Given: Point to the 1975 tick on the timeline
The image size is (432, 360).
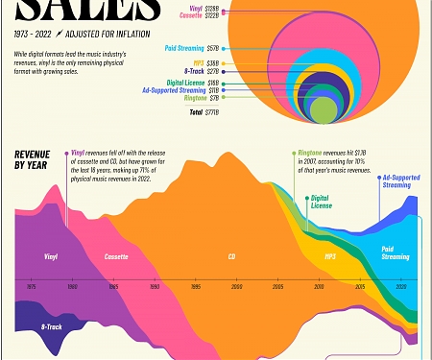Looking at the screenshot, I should pos(32,286).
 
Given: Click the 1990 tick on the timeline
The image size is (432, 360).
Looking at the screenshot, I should pos(154,286).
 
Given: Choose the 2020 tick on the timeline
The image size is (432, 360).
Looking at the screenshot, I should pos(401,286).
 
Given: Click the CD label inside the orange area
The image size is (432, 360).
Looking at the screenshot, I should pos(231,257).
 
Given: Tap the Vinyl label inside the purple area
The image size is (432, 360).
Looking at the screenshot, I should pos(51,256).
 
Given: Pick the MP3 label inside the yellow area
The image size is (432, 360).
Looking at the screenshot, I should pos(329,256).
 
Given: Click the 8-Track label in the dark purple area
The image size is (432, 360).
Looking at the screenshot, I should pos(52,326).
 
